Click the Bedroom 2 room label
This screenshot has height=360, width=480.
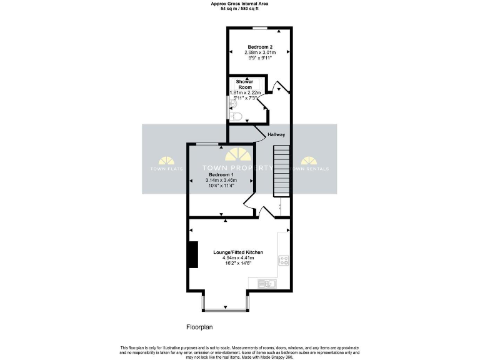[259, 47]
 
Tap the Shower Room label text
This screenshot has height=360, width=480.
[244, 84]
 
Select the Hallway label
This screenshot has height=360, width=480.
[276, 134]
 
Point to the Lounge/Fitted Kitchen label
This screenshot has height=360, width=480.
[237, 252]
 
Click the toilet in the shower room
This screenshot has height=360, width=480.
[236, 116]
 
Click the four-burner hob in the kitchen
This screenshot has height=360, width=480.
[283, 260]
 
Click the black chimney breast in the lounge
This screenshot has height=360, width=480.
[193, 254]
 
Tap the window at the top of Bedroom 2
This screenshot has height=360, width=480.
[260, 28]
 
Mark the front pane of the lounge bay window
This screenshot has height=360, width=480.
[225, 309]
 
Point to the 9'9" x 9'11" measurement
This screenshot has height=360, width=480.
[259, 57]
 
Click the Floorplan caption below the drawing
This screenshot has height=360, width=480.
[201, 327]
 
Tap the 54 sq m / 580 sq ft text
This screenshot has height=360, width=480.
[239, 9]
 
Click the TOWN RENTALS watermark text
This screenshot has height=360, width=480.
[311, 169]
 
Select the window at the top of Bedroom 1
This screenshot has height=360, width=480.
[207, 144]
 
